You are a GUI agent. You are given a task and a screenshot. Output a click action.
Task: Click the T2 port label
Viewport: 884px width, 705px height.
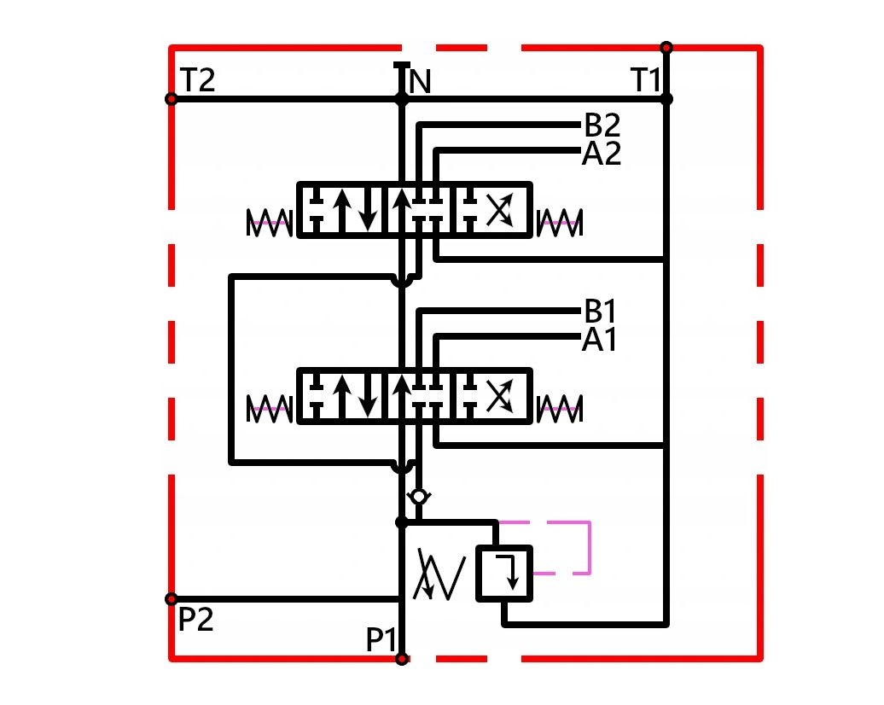tap(198, 79)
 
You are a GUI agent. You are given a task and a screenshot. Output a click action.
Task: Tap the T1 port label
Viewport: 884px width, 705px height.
tap(646, 79)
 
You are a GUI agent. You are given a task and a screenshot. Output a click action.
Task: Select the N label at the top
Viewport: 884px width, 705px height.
tap(420, 82)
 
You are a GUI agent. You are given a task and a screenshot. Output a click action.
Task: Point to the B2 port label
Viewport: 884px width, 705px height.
tap(602, 125)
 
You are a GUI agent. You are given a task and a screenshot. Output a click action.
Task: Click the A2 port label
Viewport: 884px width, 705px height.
tap(601, 153)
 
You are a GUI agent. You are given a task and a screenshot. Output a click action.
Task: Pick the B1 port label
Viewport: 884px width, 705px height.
tap(600, 311)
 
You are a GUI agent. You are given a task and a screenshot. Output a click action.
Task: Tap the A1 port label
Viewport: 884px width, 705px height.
tap(599, 340)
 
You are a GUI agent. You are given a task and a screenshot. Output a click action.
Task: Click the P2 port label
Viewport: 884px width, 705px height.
tap(195, 619)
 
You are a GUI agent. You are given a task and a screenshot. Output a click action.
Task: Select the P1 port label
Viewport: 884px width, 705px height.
tap(381, 639)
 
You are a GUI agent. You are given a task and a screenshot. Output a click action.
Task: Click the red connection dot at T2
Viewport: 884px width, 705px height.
tap(171, 99)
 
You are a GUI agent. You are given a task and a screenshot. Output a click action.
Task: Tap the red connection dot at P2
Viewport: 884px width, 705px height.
tap(171, 599)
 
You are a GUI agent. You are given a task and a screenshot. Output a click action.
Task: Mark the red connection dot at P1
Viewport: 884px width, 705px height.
tap(401, 659)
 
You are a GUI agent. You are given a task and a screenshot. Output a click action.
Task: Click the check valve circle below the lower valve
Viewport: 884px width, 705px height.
tap(419, 497)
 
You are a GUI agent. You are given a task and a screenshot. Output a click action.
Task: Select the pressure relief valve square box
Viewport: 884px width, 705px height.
tap(504, 573)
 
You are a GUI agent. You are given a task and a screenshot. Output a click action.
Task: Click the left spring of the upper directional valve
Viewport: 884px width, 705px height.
tap(269, 223)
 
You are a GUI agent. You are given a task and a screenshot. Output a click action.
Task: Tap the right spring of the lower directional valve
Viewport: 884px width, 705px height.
tap(559, 409)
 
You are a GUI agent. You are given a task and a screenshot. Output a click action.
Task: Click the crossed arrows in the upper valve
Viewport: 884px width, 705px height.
tap(499, 210)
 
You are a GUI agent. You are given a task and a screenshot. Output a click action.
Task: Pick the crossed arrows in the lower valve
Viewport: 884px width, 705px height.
tap(499, 396)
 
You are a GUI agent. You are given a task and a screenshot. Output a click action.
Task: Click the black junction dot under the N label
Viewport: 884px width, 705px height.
tap(401, 99)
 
